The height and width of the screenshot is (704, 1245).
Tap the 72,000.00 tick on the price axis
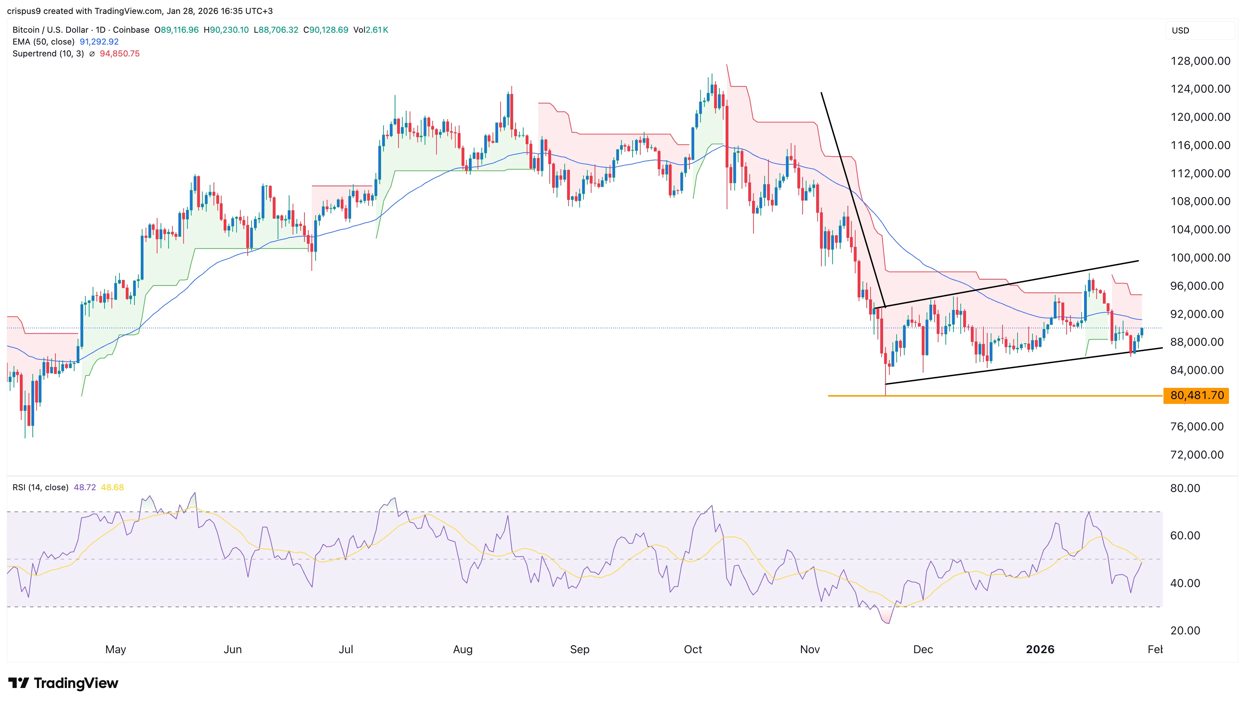pos(1197,454)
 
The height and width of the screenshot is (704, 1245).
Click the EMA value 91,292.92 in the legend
pos(99,41)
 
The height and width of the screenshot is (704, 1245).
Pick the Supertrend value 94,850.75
pos(119,54)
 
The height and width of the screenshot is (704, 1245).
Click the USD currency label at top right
pos(1180,30)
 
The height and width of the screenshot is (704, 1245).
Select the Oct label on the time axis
pos(693,649)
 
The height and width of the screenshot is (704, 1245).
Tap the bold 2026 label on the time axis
pos(1040,649)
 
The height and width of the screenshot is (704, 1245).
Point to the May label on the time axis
pos(116,649)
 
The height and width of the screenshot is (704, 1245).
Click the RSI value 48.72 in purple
pos(85,487)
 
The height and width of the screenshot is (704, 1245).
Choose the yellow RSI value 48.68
pos(112,487)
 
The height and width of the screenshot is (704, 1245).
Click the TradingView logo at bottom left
pos(63,683)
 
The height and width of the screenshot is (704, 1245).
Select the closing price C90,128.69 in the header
pos(325,30)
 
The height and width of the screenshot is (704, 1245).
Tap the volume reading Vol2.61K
pos(371,30)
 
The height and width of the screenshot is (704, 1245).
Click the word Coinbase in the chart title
pos(131,30)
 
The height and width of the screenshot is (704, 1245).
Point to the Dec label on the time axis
pos(923,649)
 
